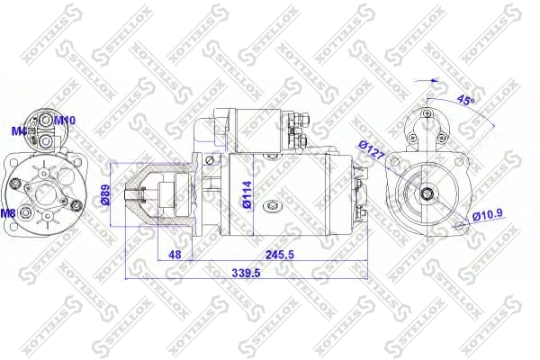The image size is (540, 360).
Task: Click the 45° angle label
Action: point(465,99)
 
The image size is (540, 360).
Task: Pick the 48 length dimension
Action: point(175,255)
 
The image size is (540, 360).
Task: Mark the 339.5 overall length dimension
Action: point(247,274)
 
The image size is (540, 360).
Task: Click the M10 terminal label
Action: point(65,120)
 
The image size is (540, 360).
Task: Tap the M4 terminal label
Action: point(18,131)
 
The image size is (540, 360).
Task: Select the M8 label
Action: point(8,213)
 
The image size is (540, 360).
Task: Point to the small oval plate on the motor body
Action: point(270,205)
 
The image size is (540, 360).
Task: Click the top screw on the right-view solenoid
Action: point(427,115)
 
